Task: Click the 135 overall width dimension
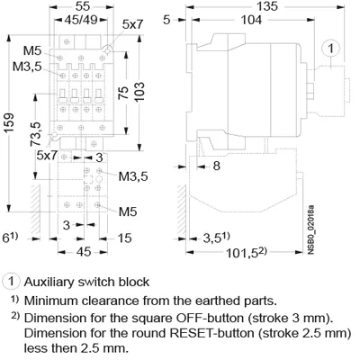pos(266,6)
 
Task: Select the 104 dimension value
pos(251,20)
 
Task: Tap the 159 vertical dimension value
pos(9,123)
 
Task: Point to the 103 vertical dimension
pos(139,91)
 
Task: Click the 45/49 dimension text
pos(81,20)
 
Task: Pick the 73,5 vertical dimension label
pos(35,133)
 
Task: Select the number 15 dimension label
pos(124,238)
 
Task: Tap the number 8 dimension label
pos(216,166)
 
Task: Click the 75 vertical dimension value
pos(123,93)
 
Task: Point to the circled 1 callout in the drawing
pos(331,49)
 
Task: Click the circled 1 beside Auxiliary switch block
pos(12,282)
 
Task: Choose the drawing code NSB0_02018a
pos(311,229)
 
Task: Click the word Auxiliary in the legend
pos(49,282)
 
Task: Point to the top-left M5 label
pos(32,50)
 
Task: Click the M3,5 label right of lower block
pos(133,176)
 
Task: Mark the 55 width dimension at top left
pos(83,6)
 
